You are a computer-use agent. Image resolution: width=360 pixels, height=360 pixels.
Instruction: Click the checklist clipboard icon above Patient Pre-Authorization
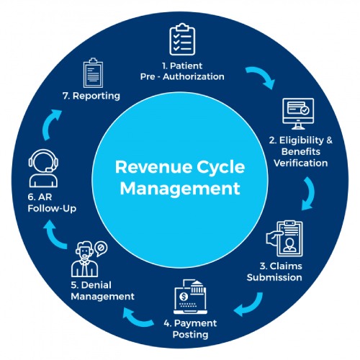182,40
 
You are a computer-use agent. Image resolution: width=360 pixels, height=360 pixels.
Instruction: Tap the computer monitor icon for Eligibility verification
298,114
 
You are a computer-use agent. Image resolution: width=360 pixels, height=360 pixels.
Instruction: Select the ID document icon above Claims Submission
284,238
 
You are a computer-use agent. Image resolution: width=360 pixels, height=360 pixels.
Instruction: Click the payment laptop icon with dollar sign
190,297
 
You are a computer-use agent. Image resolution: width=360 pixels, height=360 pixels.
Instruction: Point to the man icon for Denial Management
85,259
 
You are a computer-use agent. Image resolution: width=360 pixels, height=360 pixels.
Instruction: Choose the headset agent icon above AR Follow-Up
43,168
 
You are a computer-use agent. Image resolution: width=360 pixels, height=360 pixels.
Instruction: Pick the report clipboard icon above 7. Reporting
93,73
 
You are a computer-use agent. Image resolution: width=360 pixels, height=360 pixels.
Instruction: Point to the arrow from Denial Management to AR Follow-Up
53,236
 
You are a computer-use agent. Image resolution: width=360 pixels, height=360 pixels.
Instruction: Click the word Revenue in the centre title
153,167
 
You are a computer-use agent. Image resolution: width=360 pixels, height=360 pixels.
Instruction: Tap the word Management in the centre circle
180,189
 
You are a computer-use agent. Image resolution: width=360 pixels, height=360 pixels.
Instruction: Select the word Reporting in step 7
96,96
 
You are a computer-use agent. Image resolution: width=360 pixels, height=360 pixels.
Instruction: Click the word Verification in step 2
301,163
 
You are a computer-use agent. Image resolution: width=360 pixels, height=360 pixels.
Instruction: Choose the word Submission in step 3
274,277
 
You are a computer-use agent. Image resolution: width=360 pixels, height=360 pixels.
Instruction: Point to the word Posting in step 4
190,335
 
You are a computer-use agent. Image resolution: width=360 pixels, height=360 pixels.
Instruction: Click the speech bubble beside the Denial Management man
101,248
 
